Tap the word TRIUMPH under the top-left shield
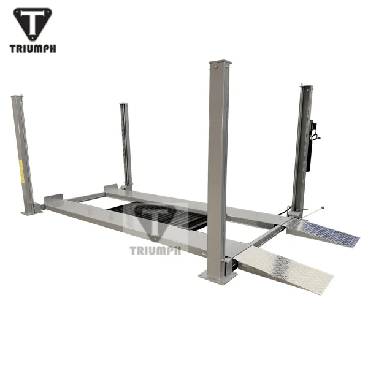click(x=34, y=48)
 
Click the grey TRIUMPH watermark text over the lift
click(x=155, y=250)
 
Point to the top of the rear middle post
click(x=125, y=105)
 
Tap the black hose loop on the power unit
click(x=316, y=138)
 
